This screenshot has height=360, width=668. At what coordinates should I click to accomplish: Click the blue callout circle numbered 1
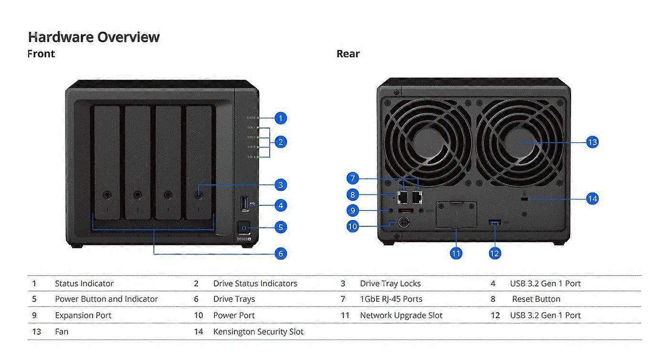click(281, 118)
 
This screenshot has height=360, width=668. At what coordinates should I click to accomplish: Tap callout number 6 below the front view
click(281, 254)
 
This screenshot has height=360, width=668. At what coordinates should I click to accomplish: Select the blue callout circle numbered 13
click(592, 142)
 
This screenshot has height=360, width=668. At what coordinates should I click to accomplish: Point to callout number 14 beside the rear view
click(592, 199)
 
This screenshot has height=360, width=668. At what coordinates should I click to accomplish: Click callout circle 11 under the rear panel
click(456, 253)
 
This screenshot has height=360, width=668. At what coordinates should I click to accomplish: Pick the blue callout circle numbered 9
click(352, 210)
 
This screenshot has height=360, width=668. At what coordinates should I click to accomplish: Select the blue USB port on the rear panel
click(495, 222)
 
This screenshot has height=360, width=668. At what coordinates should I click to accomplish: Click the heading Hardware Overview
click(94, 37)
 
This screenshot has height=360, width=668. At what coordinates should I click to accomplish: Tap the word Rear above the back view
click(348, 53)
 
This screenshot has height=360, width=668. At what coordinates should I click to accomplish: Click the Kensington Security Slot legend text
click(258, 331)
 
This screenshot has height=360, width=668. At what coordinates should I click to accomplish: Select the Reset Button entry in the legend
click(536, 299)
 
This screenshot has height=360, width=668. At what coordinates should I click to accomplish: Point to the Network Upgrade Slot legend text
click(401, 315)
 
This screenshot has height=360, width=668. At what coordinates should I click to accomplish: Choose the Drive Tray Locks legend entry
click(390, 284)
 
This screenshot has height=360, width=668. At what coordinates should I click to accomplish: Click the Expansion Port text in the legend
click(83, 315)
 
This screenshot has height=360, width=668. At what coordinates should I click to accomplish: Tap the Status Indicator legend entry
click(84, 284)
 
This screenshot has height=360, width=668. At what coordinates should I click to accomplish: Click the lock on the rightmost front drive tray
click(198, 194)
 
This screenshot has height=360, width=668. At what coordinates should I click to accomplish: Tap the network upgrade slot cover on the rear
click(456, 214)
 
